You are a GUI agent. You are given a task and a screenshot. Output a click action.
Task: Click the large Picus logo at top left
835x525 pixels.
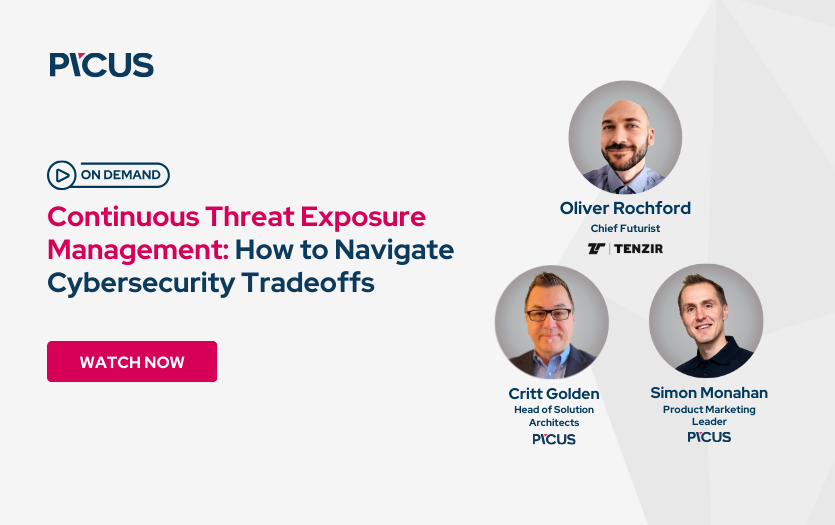101,65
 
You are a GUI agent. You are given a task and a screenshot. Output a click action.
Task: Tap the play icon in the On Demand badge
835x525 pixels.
62,175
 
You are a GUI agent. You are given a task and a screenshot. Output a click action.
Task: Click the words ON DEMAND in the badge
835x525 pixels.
120,175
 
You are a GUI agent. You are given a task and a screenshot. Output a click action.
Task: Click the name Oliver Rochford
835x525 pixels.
625,208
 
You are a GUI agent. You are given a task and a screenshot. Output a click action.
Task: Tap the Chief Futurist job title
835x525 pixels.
625,228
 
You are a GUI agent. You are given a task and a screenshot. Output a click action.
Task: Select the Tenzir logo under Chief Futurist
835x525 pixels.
625,248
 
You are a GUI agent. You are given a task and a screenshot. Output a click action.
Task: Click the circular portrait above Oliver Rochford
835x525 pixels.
625,137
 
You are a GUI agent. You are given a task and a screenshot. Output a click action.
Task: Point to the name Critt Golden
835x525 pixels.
553,393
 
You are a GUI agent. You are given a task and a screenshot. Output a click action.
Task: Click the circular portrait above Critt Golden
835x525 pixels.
552,321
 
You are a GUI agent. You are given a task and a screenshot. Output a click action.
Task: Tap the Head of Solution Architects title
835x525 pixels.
553,416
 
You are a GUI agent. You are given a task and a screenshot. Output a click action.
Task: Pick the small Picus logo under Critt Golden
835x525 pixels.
553,439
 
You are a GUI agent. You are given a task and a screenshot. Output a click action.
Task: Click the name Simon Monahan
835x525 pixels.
709,393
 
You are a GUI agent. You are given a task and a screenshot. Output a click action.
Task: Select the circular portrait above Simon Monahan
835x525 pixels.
706,321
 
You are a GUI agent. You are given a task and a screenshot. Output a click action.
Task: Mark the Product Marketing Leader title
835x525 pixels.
709,416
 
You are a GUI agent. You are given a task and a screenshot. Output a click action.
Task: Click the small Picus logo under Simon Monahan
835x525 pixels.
709,437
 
